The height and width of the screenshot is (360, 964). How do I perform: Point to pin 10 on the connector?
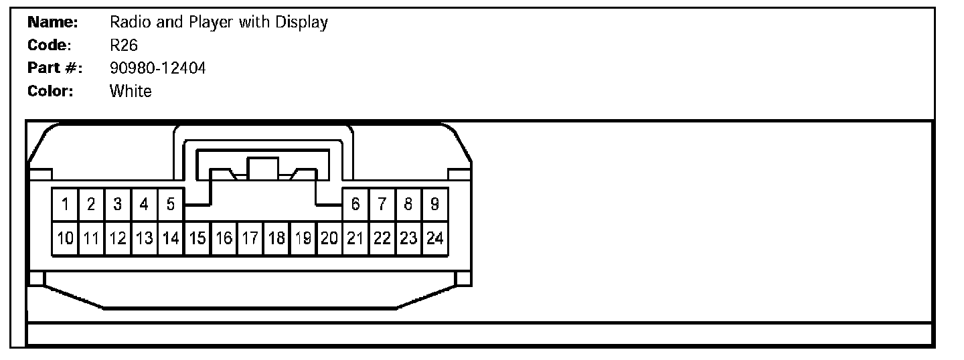pos(65,238)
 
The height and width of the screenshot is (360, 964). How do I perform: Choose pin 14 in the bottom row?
pos(171,238)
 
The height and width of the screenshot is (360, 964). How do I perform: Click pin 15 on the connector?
pos(197,238)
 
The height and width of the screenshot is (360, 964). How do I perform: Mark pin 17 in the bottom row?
pos(250,238)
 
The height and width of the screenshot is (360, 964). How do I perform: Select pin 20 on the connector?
pos(329,238)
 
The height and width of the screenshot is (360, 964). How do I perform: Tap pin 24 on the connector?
pos(434,238)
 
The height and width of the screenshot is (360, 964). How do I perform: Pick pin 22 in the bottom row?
pos(382,238)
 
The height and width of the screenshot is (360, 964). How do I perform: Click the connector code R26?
pos(123,46)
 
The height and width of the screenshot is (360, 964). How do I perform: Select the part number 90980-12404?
pos(157,68)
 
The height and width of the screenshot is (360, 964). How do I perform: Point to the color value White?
pos(131,91)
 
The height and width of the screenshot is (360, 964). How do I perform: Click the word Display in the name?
pos(301,23)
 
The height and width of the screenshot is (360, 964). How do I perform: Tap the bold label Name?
pos(53,23)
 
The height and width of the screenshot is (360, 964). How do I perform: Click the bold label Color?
pos(50,91)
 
